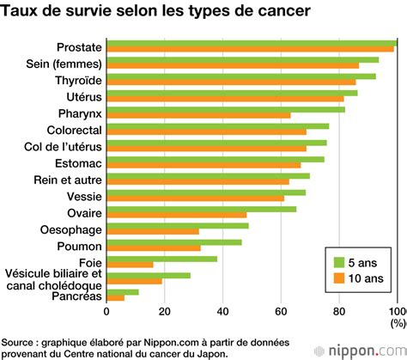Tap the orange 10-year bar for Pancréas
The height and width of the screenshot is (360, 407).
pyautogui.click(x=115, y=297)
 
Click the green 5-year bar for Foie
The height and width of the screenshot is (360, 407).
pyautogui.click(x=161, y=258)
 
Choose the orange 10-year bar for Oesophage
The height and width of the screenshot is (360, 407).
pyautogui.click(x=153, y=231)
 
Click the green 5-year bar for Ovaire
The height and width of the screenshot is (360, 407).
pyautogui.click(x=202, y=209)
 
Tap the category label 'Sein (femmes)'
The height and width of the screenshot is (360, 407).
pyautogui.click(x=67, y=64)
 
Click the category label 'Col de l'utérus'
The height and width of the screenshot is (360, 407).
pyautogui.click(x=63, y=146)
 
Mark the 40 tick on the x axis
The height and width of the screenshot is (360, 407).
pyautogui.click(x=222, y=312)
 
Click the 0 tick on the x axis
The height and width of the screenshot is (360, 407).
pyautogui.click(x=106, y=312)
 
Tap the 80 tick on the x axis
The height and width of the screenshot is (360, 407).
pyautogui.click(x=339, y=312)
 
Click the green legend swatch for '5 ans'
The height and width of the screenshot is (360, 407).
pyautogui.click(x=339, y=262)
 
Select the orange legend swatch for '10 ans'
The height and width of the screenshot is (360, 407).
pyautogui.click(x=339, y=278)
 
